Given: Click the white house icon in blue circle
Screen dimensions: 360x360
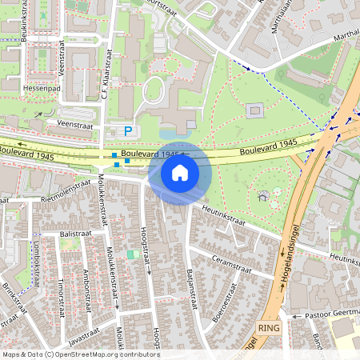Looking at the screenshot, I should point(180,172).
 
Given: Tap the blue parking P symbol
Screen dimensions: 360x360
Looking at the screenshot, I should point(126,130).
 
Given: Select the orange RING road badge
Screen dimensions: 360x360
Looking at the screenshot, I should point(268,329).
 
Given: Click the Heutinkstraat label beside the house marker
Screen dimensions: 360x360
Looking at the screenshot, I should point(222,210).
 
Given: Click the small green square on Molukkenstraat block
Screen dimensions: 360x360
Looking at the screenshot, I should point(132,254).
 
